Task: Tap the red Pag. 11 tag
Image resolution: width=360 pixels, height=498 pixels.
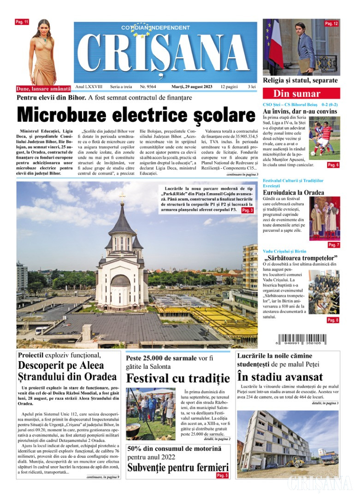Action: click(22, 22)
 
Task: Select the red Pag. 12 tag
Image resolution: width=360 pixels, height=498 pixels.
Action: click(331, 24)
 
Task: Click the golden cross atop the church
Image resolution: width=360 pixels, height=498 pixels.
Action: click(122, 197)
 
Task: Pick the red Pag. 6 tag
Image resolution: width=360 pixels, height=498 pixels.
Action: click(333, 165)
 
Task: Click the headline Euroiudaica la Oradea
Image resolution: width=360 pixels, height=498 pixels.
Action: click(293, 192)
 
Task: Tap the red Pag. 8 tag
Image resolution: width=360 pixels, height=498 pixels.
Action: click(333, 320)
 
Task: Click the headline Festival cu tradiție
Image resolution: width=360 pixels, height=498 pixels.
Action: click(178, 379)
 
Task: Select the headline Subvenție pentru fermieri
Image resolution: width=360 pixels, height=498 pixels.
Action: click(178, 468)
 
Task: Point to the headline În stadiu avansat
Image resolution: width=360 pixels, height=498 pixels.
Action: click(280, 377)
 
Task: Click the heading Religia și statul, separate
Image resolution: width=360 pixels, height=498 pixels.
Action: click(300, 81)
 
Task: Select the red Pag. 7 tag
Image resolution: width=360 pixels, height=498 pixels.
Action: click(333, 245)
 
